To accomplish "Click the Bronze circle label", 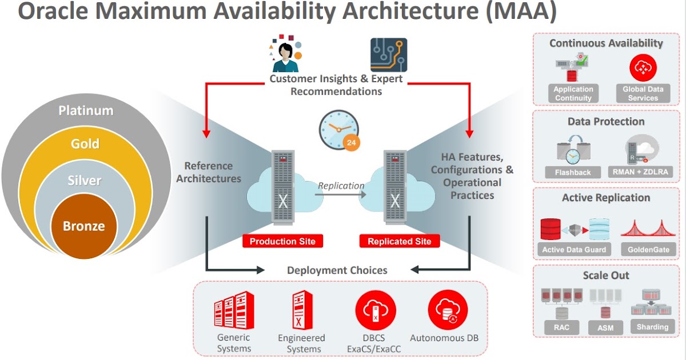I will click(83, 226).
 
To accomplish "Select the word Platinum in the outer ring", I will click(86, 110).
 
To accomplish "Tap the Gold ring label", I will click(85, 144).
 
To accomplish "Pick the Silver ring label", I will click(84, 181).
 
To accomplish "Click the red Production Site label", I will click(282, 241).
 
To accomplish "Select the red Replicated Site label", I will click(400, 241).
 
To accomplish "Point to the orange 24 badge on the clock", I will click(351, 142).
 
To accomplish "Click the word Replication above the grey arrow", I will click(341, 186).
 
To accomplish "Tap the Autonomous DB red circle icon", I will click(448, 310).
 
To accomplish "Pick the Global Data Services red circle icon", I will click(643, 69).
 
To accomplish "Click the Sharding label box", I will click(652, 327).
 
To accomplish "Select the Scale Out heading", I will click(606, 275).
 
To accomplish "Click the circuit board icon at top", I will click(389, 55).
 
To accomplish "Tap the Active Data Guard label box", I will click(573, 250).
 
